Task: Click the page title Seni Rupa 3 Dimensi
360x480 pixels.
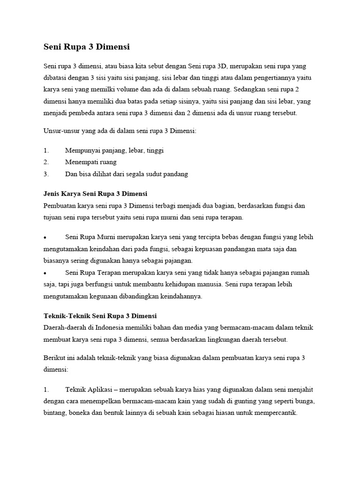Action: (86, 47)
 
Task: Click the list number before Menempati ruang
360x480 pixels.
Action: (46, 162)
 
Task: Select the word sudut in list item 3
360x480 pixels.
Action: (150, 174)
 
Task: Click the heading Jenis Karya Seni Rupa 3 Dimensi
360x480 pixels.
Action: (95, 194)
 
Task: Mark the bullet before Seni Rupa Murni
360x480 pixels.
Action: (45, 237)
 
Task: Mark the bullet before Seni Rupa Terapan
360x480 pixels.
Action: (45, 273)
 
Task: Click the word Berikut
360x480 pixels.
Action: (54, 358)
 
